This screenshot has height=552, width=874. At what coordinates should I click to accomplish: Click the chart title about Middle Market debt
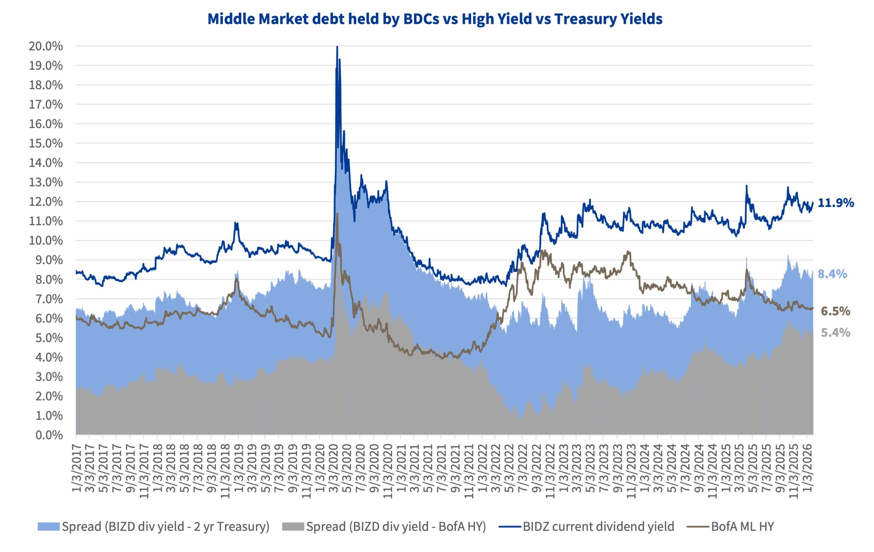point(435,19)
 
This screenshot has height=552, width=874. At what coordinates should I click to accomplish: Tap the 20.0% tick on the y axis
point(46,46)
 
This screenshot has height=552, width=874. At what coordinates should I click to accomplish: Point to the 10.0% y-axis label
point(46,241)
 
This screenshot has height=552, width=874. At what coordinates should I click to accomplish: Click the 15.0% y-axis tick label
point(46,144)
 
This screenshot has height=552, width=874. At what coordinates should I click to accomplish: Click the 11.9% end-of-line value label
point(835,203)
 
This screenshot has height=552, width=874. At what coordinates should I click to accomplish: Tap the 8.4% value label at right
point(832,274)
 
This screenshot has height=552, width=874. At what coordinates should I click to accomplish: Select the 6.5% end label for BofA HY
point(835,311)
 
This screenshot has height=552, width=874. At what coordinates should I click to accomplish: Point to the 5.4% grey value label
point(835,333)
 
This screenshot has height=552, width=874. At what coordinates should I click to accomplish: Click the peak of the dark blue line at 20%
point(337,47)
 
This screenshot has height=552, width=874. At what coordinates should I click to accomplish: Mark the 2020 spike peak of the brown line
point(337,214)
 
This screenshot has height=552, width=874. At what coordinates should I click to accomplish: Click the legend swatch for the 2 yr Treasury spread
point(48,527)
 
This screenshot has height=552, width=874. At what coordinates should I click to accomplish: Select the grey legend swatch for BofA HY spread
point(293,527)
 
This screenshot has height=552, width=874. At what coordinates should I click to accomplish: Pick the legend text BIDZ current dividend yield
point(598,527)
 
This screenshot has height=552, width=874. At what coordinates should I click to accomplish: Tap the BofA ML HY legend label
point(742,527)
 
